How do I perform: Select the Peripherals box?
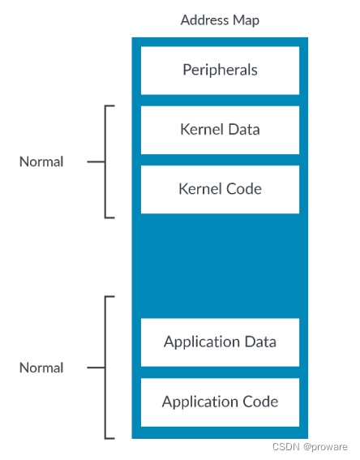[220, 70]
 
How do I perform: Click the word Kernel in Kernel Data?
[199, 129]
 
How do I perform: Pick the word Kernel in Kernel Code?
[199, 188]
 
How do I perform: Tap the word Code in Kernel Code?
[243, 188]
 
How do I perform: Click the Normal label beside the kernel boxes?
[41, 161]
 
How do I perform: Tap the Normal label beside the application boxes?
[41, 368]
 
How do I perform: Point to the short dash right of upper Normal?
[96, 161]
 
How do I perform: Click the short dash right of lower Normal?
[96, 368]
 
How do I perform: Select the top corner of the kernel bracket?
[106, 106]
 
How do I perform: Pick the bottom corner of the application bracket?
[106, 437]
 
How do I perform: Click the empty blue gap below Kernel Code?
[220, 265]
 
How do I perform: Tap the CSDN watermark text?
[284, 447]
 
